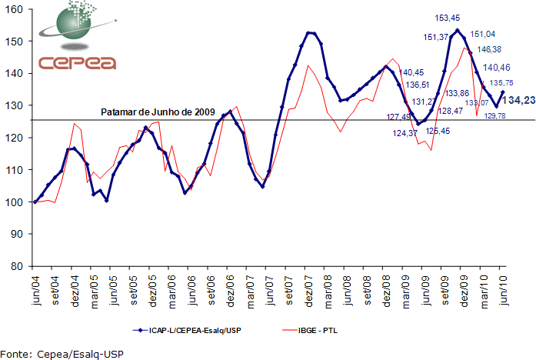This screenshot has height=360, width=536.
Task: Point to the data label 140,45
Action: click(x=412, y=72)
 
